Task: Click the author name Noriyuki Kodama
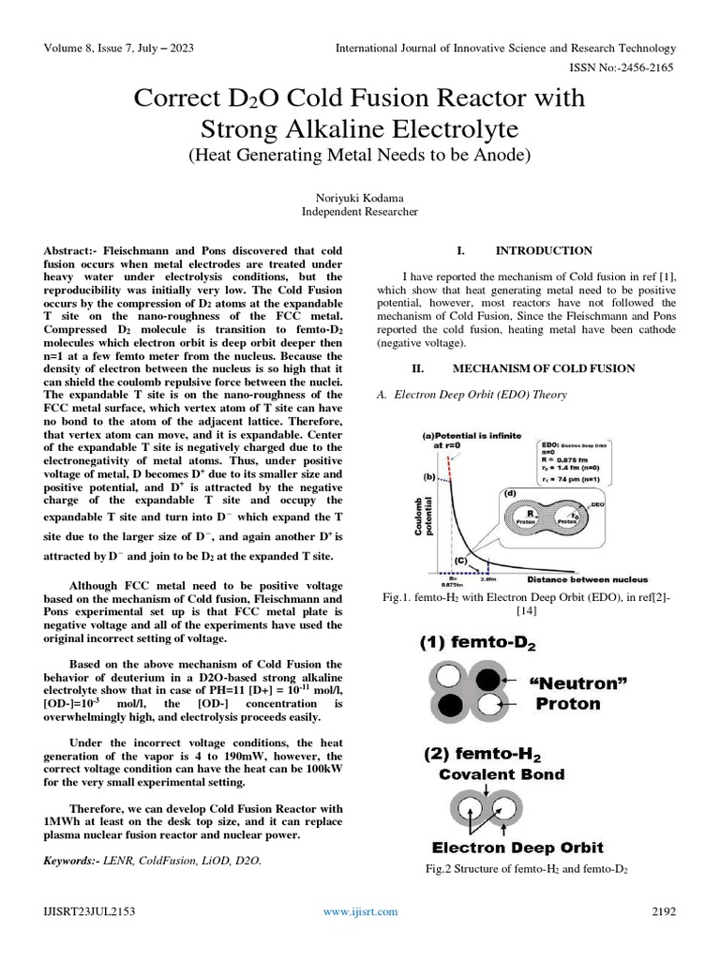pyautogui.click(x=359, y=197)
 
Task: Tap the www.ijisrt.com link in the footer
pyautogui.click(x=360, y=911)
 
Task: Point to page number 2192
pyautogui.click(x=663, y=911)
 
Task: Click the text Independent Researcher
pyautogui.click(x=359, y=212)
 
